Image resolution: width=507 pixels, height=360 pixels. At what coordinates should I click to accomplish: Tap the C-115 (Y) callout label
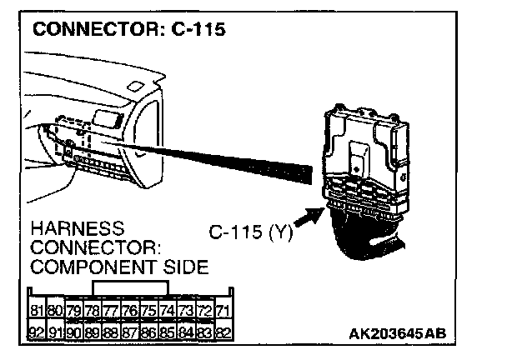[248, 232]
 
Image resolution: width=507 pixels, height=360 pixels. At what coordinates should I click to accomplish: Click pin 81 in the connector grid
[36, 311]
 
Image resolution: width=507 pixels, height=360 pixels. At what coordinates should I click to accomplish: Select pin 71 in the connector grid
[223, 311]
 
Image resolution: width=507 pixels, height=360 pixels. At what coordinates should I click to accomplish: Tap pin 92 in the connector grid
[36, 331]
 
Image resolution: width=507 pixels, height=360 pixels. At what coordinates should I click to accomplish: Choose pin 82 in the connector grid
[223, 331]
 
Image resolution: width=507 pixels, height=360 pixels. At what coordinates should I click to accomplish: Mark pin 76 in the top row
[129, 311]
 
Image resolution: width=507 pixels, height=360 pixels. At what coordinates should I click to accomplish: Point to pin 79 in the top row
[73, 311]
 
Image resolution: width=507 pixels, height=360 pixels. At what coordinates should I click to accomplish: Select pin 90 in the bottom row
[73, 331]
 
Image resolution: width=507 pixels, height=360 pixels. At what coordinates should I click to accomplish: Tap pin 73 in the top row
[185, 311]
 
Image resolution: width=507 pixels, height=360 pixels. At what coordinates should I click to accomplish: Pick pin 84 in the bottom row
[185, 331]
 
